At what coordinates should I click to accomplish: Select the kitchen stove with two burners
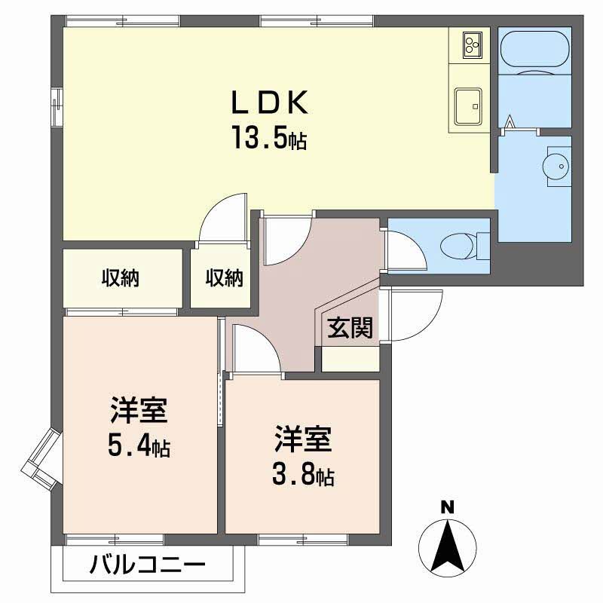click(x=470, y=45)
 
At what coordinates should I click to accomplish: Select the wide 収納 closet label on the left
click(x=121, y=277)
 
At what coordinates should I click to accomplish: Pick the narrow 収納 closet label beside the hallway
click(x=225, y=277)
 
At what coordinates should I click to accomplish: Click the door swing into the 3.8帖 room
click(x=255, y=348)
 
